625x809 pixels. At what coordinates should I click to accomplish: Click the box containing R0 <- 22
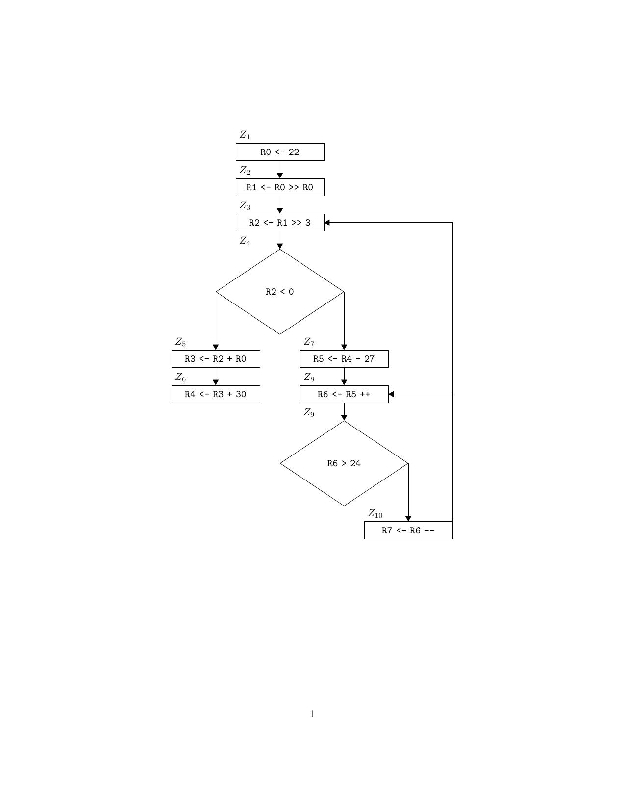tap(279, 152)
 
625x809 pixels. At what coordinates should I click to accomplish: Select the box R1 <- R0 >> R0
tap(279, 187)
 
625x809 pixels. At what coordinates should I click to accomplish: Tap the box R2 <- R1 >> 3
tap(279, 223)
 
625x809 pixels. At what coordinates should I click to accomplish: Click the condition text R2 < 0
tap(279, 292)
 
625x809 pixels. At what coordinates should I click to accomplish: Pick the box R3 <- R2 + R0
tap(216, 359)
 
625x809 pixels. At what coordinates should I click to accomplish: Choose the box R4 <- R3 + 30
tap(216, 394)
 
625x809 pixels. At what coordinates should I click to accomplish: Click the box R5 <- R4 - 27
tap(344, 359)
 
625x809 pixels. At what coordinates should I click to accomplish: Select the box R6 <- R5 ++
tap(344, 394)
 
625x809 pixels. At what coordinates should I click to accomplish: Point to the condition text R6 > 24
tap(344, 463)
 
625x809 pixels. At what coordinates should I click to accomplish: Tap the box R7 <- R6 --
tap(408, 531)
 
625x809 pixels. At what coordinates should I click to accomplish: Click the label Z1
tap(245, 135)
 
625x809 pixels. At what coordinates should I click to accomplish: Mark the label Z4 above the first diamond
tap(245, 241)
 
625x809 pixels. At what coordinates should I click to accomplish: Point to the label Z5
tap(180, 342)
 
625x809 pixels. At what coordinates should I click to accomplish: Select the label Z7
tap(309, 342)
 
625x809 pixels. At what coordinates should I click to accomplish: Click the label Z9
tap(309, 412)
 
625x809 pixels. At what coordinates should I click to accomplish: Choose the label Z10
tap(375, 513)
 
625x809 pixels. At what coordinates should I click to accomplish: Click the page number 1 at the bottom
tap(312, 714)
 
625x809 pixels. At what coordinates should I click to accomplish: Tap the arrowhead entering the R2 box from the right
tap(327, 223)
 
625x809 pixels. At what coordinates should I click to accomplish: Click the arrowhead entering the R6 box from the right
tap(392, 394)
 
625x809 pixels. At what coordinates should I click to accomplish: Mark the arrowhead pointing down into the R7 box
tap(408, 518)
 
